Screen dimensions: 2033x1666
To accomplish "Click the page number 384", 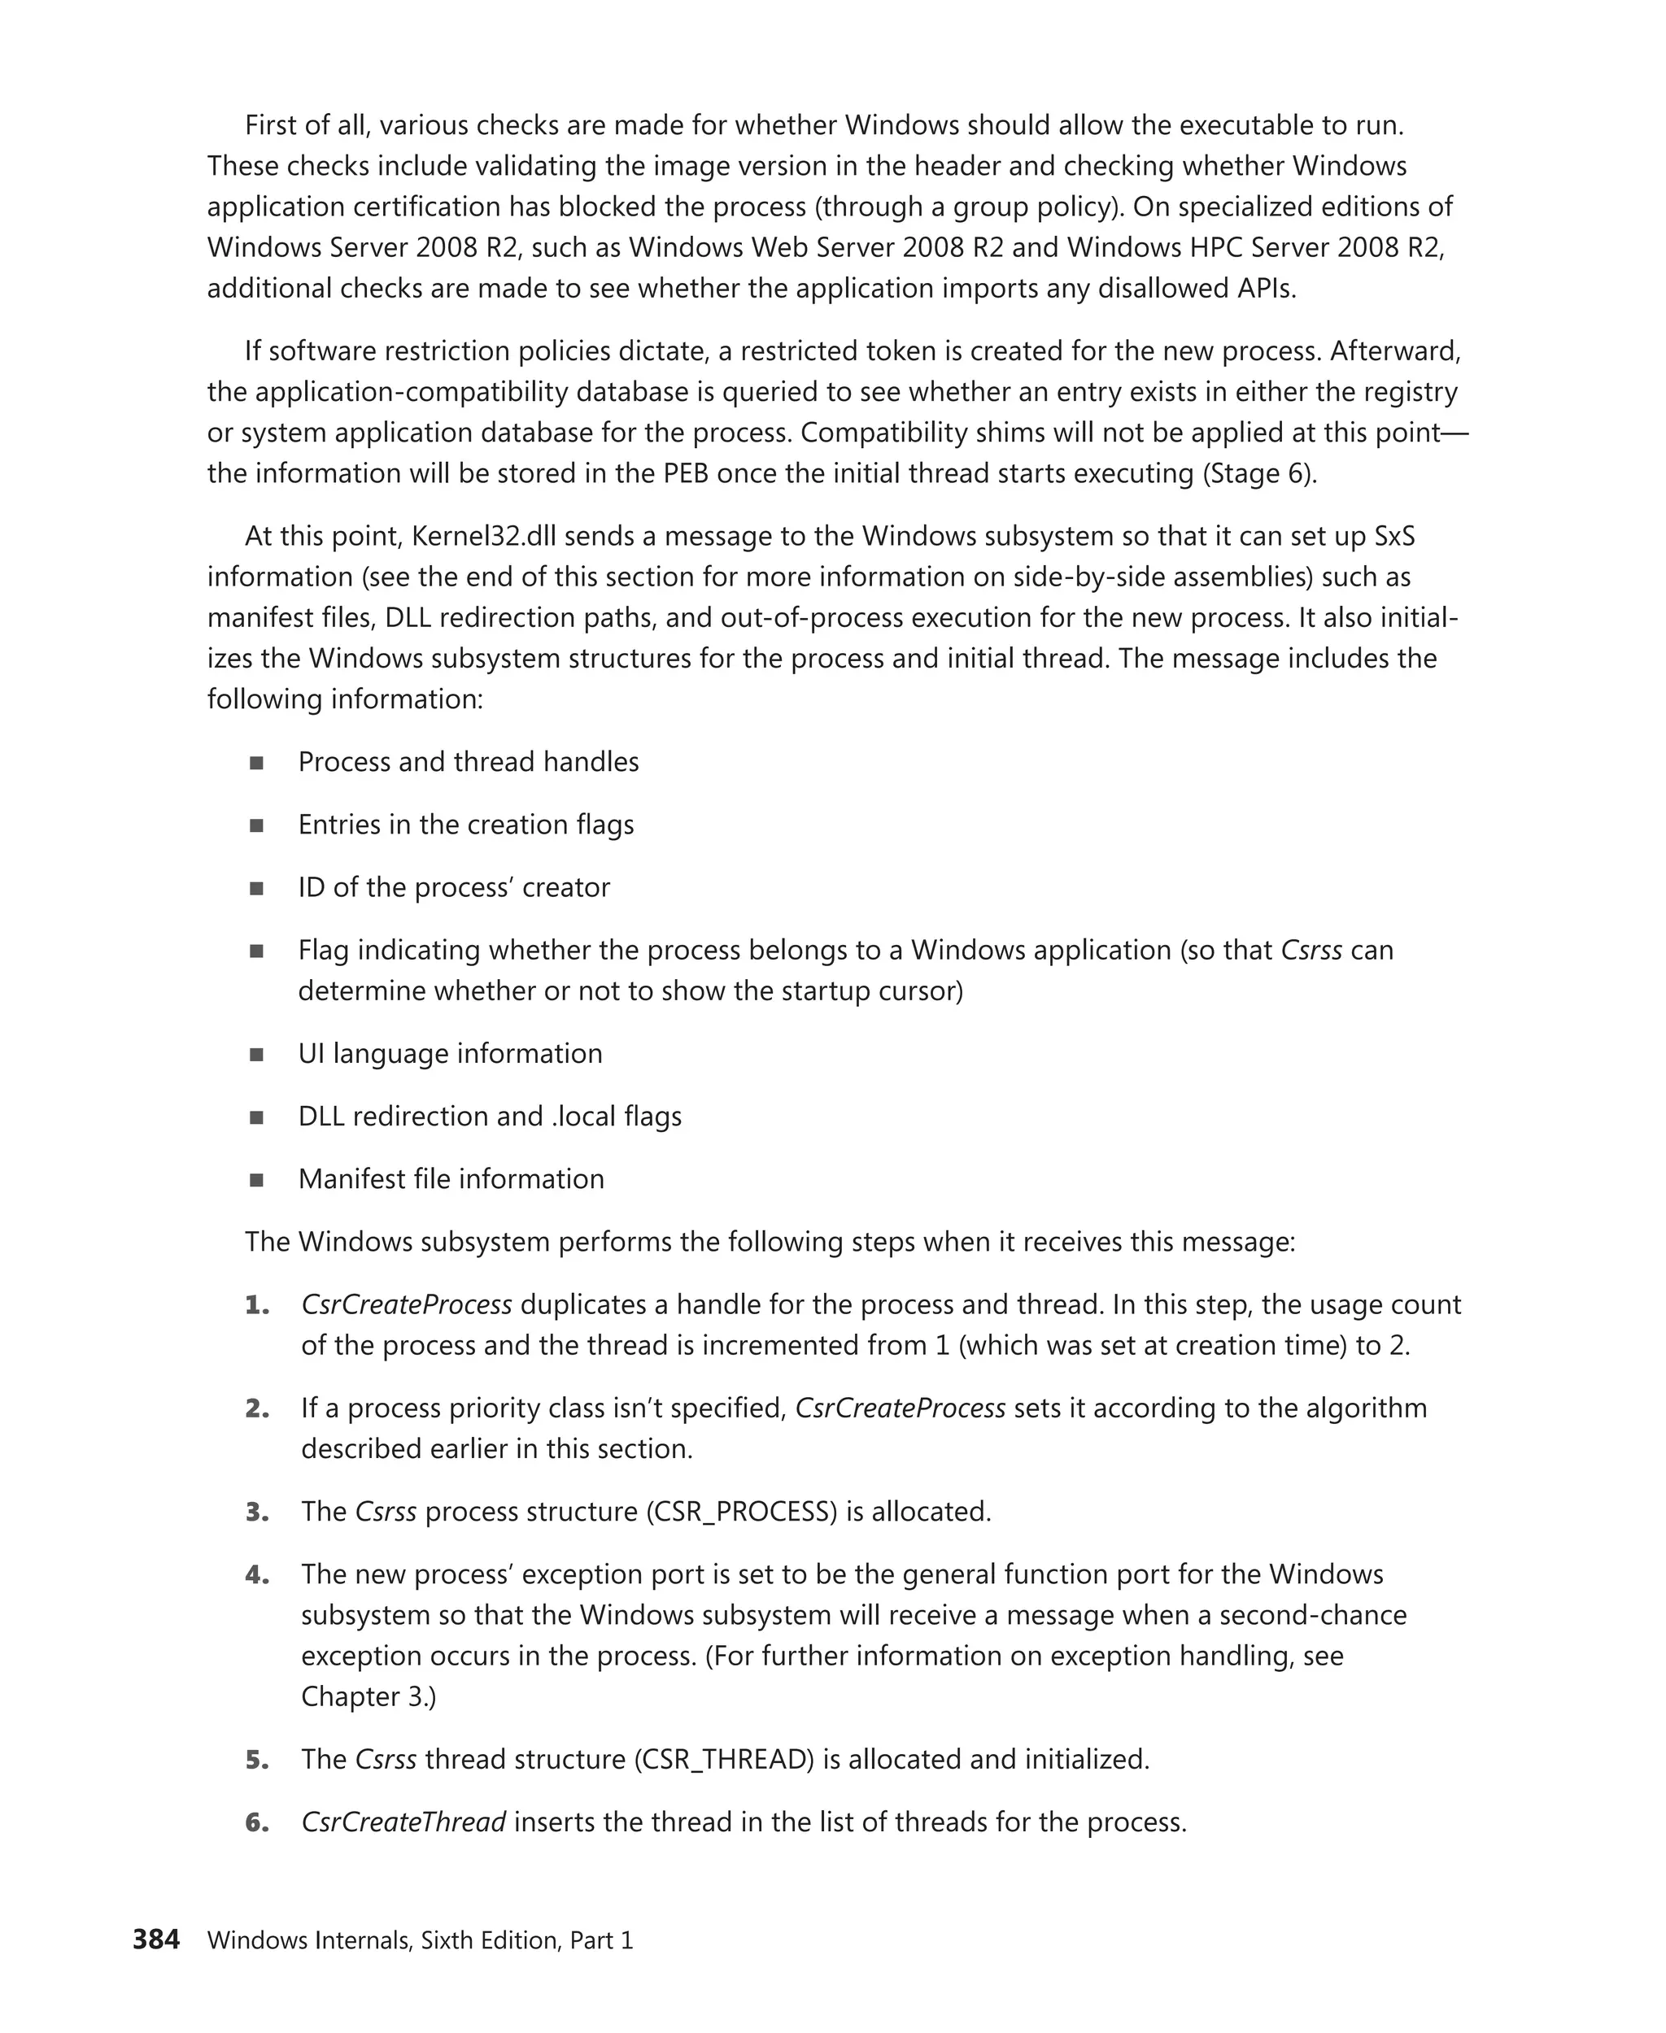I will pyautogui.click(x=155, y=1939).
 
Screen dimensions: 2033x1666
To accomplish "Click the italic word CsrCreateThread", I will pyautogui.click(x=403, y=1821).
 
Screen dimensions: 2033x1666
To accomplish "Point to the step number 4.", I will pyautogui.click(x=256, y=1574).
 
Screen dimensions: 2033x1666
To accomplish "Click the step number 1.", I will pyautogui.click(x=256, y=1305).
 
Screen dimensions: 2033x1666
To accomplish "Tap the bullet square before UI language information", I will pyautogui.click(x=256, y=1055).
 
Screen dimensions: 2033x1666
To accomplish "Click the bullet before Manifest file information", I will pyautogui.click(x=256, y=1180).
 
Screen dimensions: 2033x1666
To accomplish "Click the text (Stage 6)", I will pyautogui.click(x=1259, y=473).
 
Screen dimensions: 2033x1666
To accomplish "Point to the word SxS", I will pyautogui.click(x=1393, y=535).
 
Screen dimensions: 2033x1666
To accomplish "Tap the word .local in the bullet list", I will pyautogui.click(x=583, y=1116).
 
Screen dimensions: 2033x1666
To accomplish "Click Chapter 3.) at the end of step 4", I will pyautogui.click(x=369, y=1696).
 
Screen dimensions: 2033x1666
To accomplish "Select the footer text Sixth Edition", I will pyautogui.click(x=491, y=1940).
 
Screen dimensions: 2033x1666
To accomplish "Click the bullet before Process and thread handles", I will pyautogui.click(x=256, y=763).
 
